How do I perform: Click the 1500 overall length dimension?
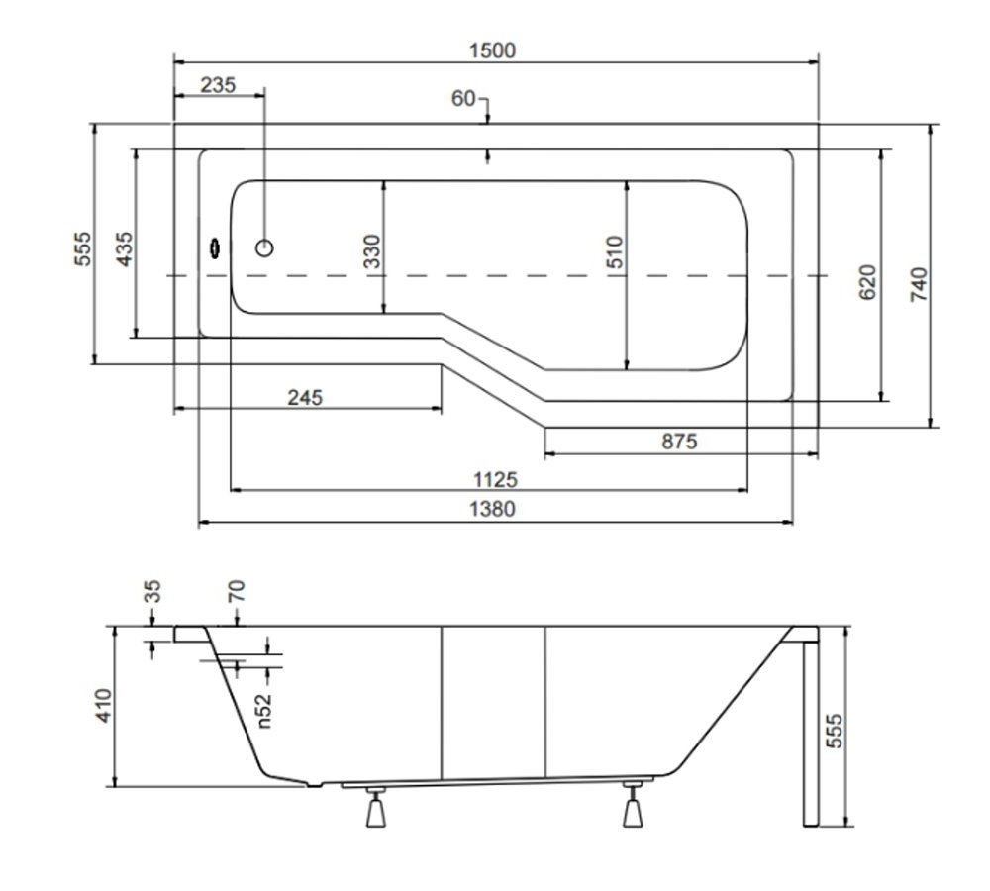tap(492, 50)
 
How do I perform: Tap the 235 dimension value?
tap(218, 84)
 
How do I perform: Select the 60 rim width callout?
tap(462, 99)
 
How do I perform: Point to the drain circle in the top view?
tap(264, 248)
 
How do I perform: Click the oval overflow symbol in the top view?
tap(215, 248)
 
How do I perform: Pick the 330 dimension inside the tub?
tap(372, 250)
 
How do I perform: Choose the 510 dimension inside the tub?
tap(615, 251)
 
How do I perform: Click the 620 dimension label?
tap(868, 282)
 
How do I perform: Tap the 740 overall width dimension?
tap(920, 284)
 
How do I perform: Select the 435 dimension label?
tap(125, 248)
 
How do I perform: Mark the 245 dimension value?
tap(305, 397)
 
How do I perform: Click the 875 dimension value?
tap(679, 441)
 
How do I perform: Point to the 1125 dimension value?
tap(496, 480)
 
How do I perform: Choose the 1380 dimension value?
tap(492, 508)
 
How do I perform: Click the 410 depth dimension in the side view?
tap(103, 705)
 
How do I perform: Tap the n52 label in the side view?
tap(264, 711)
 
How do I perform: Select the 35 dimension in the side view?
tap(152, 592)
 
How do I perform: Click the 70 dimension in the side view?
tap(236, 592)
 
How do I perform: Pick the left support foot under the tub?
tap(376, 807)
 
